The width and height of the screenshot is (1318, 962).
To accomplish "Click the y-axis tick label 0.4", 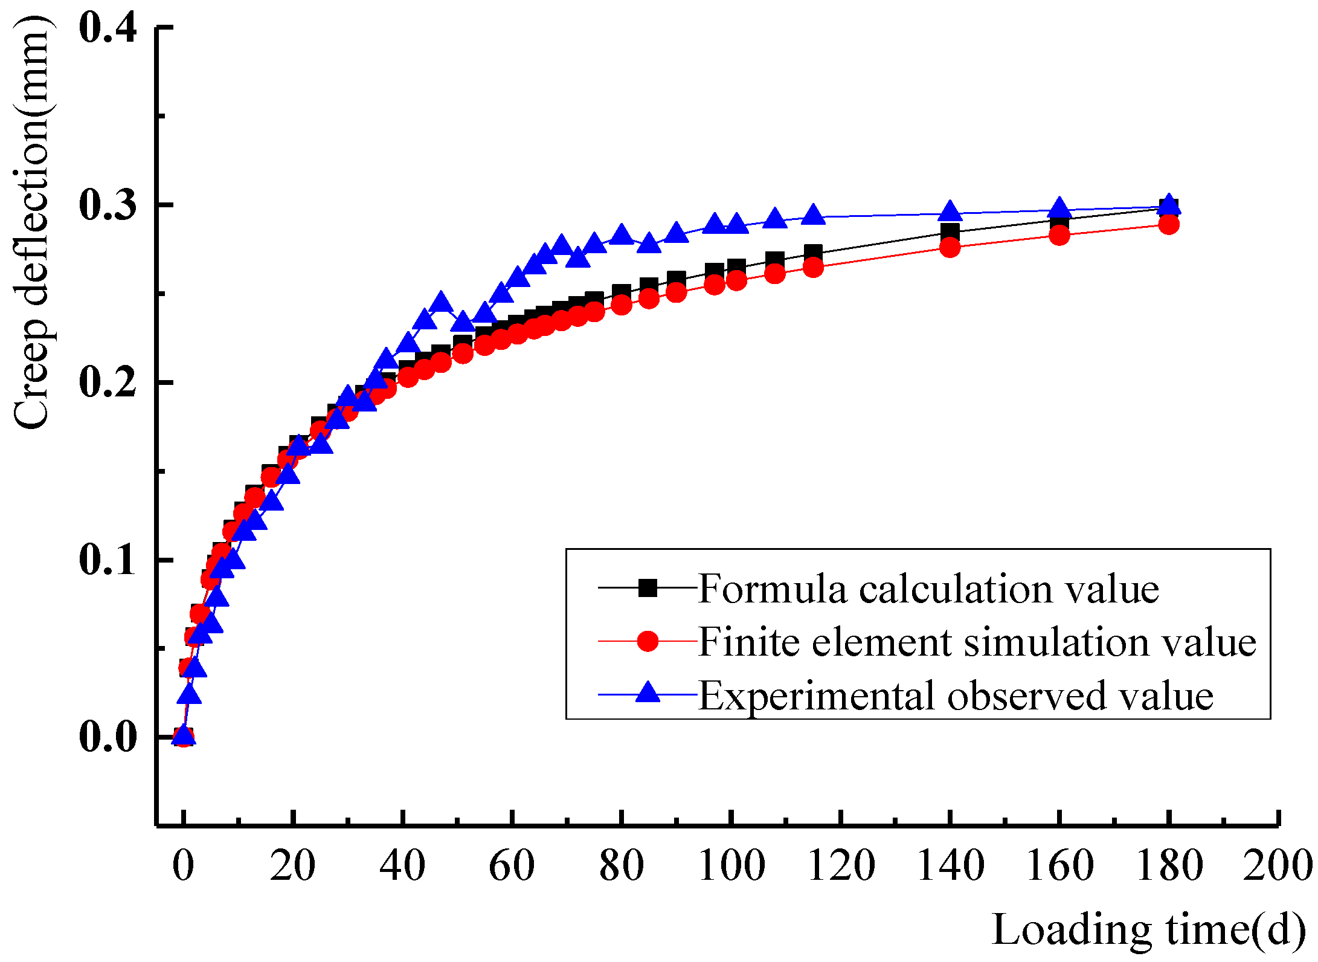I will pyautogui.click(x=108, y=28).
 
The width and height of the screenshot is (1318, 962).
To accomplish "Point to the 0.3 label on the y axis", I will pyautogui.click(x=108, y=205).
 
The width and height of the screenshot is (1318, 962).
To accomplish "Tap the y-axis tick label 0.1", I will pyautogui.click(x=108, y=560).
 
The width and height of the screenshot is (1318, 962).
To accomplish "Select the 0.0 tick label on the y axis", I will pyautogui.click(x=108, y=737).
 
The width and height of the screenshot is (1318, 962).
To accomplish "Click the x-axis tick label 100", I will pyautogui.click(x=731, y=865).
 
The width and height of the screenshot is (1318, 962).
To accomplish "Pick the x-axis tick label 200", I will pyautogui.click(x=1277, y=865).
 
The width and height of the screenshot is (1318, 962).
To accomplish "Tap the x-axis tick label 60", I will pyautogui.click(x=512, y=865).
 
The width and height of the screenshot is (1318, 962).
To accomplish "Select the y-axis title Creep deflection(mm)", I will pyautogui.click(x=31, y=224).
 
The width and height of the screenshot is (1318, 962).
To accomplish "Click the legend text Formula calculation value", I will pyautogui.click(x=928, y=588).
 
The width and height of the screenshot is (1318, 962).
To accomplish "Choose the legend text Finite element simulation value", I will pyautogui.click(x=977, y=641).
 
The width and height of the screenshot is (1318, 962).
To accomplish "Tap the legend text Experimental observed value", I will pyautogui.click(x=956, y=696).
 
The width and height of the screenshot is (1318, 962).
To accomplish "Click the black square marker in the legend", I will pyautogui.click(x=648, y=588).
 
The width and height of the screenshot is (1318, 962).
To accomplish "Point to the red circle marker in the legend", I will pyautogui.click(x=648, y=641).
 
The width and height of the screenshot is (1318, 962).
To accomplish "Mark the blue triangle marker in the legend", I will pyautogui.click(x=648, y=692).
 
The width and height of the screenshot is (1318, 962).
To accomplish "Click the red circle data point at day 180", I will pyautogui.click(x=1169, y=225).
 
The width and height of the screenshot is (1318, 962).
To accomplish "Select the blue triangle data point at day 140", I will pyautogui.click(x=950, y=212).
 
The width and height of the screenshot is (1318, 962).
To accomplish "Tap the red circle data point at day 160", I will pyautogui.click(x=1059, y=235).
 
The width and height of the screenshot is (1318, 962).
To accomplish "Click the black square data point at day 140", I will pyautogui.click(x=950, y=232).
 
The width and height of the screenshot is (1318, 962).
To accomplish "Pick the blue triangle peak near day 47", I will pyautogui.click(x=441, y=302).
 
